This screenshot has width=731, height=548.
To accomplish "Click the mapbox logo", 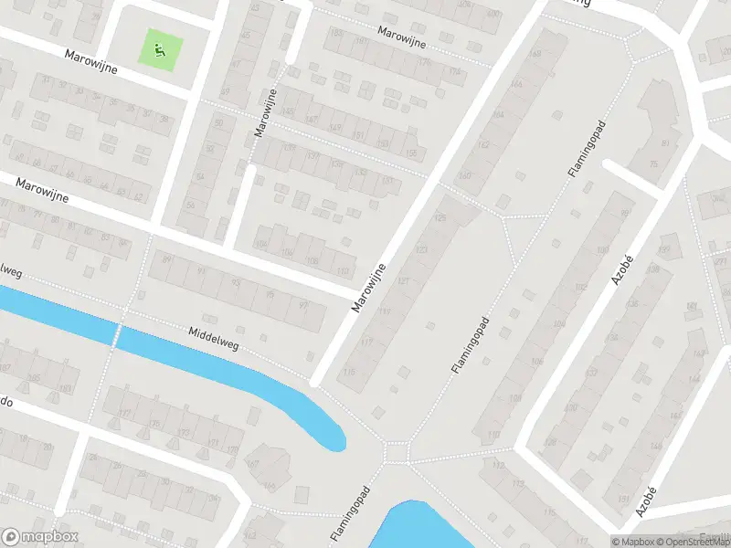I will click(38, 537).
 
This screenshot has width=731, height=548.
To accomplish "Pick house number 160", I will click(465, 175).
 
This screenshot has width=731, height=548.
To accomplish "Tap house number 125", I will click(440, 217).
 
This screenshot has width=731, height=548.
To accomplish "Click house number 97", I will click(303, 306).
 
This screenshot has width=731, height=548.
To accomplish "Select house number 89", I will click(166, 260).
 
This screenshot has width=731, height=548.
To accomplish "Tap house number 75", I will click(653, 163).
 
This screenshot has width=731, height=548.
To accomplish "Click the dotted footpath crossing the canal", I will click(116, 334).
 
